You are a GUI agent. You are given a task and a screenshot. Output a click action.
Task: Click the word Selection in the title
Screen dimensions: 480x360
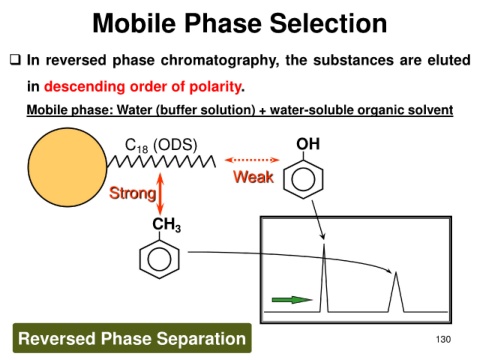click(x=328, y=23)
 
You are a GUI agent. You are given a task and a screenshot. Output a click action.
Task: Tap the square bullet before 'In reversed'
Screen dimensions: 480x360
click(x=15, y=60)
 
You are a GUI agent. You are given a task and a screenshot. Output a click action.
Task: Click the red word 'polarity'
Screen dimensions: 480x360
click(x=215, y=87)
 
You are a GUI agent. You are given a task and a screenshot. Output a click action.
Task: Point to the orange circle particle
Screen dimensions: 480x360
click(x=68, y=167)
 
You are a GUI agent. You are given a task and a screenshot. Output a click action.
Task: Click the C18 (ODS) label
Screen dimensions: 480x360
click(x=161, y=146)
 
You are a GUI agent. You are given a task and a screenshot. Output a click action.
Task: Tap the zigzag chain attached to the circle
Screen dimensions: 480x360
click(x=161, y=162)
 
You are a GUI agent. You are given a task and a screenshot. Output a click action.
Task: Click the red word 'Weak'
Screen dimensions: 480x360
click(x=254, y=177)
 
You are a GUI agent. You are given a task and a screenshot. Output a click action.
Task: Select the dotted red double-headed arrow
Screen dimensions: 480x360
click(x=252, y=160)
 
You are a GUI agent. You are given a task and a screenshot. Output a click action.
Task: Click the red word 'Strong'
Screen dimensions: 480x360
click(x=133, y=193)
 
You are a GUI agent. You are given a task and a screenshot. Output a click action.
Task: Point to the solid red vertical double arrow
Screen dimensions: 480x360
click(x=160, y=194)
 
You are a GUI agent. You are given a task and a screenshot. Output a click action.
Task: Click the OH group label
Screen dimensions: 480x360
click(x=308, y=144)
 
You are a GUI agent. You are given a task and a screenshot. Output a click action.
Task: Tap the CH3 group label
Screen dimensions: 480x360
click(x=166, y=225)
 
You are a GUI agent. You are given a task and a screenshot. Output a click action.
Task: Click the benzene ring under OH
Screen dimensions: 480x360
click(x=303, y=179)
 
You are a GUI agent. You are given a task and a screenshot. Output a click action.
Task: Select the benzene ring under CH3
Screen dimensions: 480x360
click(x=159, y=259)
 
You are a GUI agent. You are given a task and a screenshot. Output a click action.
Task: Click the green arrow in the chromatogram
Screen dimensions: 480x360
click(x=292, y=300)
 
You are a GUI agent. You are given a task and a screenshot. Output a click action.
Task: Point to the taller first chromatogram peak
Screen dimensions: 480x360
click(x=324, y=278)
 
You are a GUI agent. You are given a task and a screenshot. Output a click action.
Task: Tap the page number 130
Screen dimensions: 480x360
click(x=443, y=339)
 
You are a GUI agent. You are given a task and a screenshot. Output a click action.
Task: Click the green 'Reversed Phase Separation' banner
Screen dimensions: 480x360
click(x=132, y=338)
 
